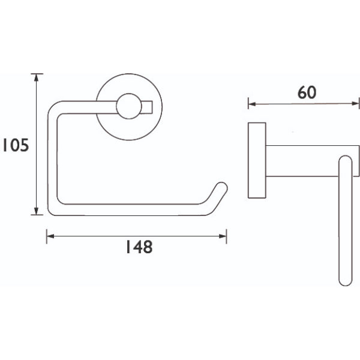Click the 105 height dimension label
pos(16,145)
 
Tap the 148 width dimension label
pos(139,247)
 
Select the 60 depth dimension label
pos(307,92)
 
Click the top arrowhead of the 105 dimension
pos(36,77)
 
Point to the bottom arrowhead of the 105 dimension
pos(36,211)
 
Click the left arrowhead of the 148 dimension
pos(50,236)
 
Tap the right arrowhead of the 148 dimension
pos(223,236)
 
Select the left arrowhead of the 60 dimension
pos(252,104)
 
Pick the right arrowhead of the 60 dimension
pos(355,104)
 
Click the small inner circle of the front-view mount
pos(129,106)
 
